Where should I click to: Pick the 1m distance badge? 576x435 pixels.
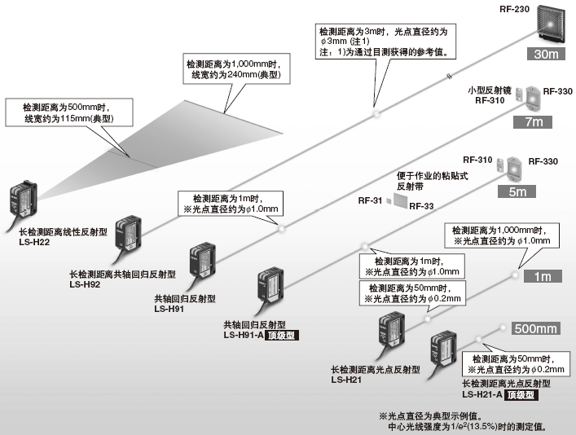coord(542,276)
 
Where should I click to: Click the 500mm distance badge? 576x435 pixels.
coord(535,328)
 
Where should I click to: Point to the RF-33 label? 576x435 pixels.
coord(421,206)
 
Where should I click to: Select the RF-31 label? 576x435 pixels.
coord(369,200)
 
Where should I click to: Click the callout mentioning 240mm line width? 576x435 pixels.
coord(230,69)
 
